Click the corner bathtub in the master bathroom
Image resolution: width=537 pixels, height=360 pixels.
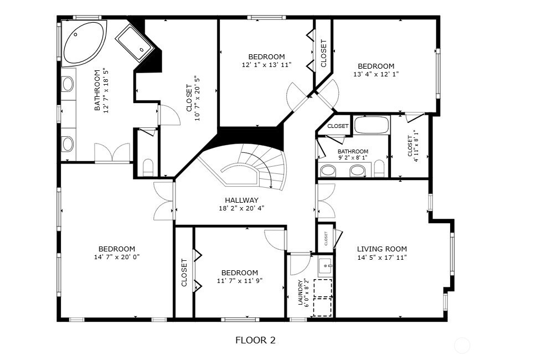coord(82,43)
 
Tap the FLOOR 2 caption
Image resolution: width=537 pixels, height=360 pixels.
coord(255,340)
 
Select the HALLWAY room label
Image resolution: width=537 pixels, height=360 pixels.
coord(241,200)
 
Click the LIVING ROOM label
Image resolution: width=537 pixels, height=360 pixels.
coord(381,249)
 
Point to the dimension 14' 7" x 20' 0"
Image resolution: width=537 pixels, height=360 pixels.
coord(116,257)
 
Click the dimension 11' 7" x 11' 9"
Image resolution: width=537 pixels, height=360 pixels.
coord(239,281)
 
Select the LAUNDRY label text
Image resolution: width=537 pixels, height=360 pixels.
coord(301,292)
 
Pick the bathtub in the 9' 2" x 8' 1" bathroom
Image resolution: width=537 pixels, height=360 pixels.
coord(371,125)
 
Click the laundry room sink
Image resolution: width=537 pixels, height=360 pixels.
coord(325,265)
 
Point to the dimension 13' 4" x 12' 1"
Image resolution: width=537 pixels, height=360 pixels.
coord(376,74)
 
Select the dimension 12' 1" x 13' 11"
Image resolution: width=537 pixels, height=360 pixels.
coord(266,65)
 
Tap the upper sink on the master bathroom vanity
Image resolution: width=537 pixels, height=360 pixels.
coord(68,84)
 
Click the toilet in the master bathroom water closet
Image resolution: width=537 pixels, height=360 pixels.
coord(148,166)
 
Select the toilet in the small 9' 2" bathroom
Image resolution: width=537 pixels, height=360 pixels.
coord(379,168)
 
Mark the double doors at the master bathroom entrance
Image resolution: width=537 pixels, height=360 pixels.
coord(112,153)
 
